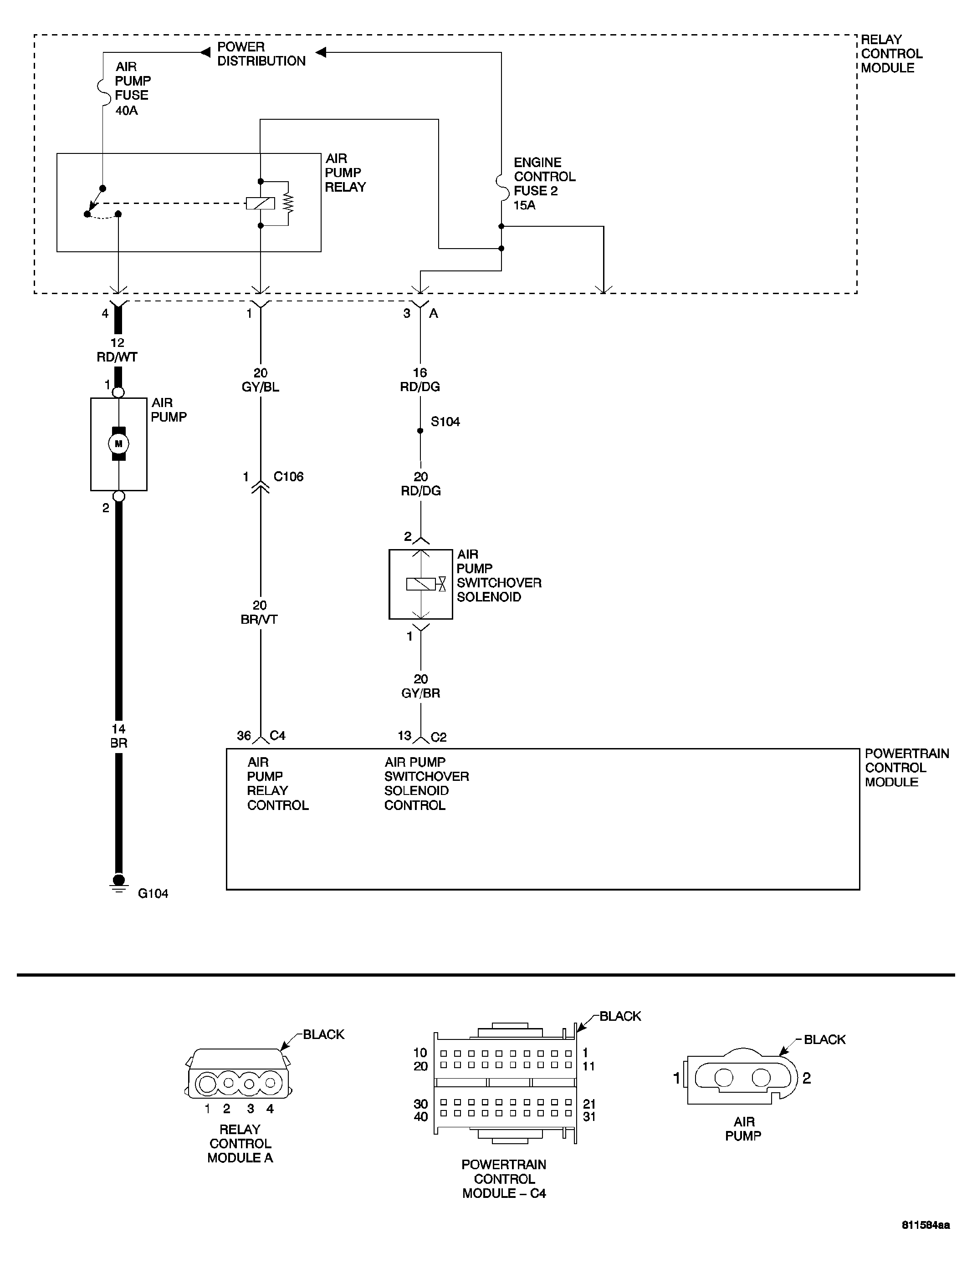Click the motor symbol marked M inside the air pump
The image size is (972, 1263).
[118, 443]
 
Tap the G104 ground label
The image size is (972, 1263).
[153, 893]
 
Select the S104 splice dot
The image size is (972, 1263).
[420, 431]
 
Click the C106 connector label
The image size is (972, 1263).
[288, 477]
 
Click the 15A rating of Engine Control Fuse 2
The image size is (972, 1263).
[524, 205]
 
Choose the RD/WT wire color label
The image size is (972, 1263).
[117, 357]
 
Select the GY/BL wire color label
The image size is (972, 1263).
[261, 387]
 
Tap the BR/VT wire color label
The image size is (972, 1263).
[259, 619]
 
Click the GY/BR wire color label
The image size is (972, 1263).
[420, 693]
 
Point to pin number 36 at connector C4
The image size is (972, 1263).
[244, 736]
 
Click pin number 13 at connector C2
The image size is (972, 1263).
[404, 736]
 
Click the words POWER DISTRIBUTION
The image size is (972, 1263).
[261, 54]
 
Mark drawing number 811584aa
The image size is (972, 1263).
[925, 1241]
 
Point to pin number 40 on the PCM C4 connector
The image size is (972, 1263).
[420, 1117]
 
